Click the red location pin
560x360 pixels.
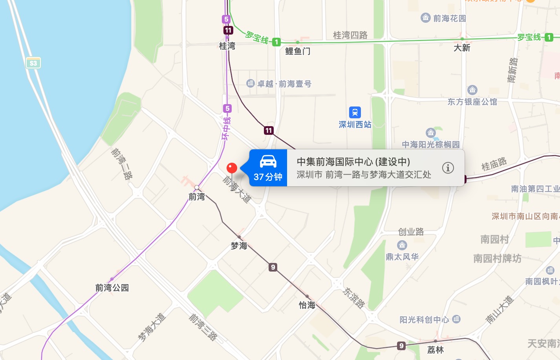[x=232, y=168]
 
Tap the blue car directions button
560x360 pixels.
[x=268, y=168]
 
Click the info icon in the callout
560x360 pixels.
[x=448, y=168]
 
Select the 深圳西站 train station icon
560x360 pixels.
[x=355, y=112]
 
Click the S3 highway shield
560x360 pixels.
[x=33, y=63]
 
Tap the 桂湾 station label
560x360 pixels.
[x=227, y=46]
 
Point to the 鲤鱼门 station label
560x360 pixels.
[x=298, y=51]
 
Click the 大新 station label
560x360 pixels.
[x=462, y=48]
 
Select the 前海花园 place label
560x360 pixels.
[x=449, y=18]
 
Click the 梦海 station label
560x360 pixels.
[x=239, y=246]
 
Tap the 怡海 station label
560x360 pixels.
[x=307, y=305]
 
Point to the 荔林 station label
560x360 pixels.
[x=436, y=350]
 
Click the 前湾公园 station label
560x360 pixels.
[x=112, y=288]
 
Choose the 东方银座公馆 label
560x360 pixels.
[x=472, y=102]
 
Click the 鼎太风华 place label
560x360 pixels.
[x=402, y=257]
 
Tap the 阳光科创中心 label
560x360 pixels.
[x=425, y=320]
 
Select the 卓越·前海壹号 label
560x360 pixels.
[x=284, y=84]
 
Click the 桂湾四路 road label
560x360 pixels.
[x=350, y=35]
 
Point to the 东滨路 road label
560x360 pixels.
[x=354, y=298]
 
